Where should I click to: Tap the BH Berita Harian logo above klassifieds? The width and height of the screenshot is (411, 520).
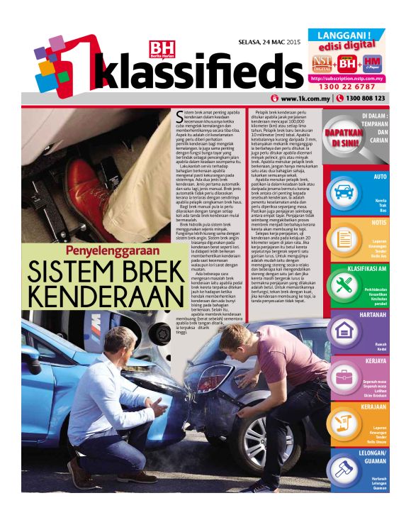pyautogui.click(x=156, y=50)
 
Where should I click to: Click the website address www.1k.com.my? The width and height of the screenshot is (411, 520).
pyautogui.click(x=306, y=99)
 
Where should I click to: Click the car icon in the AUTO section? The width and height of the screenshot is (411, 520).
pyautogui.click(x=345, y=191)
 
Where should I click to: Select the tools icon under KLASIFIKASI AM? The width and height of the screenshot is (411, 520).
pyautogui.click(x=345, y=284)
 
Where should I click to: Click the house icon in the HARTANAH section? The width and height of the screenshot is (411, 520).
pyautogui.click(x=345, y=331)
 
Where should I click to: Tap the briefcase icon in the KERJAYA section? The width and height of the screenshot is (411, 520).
pyautogui.click(x=345, y=376)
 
